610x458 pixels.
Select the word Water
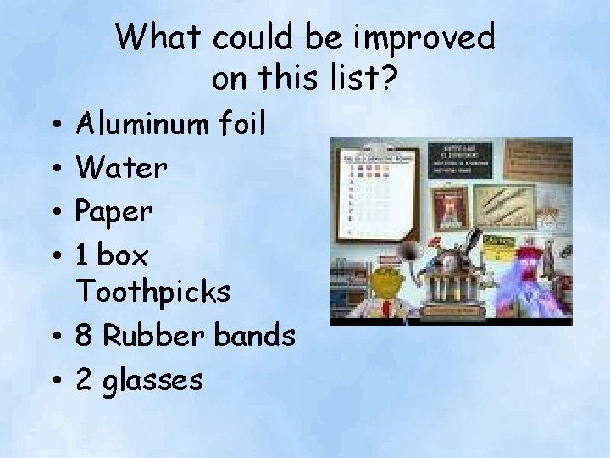click(x=121, y=167)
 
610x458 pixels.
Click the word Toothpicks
click(x=153, y=292)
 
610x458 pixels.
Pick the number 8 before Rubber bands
click(x=85, y=336)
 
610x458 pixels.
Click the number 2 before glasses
click(x=84, y=379)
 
